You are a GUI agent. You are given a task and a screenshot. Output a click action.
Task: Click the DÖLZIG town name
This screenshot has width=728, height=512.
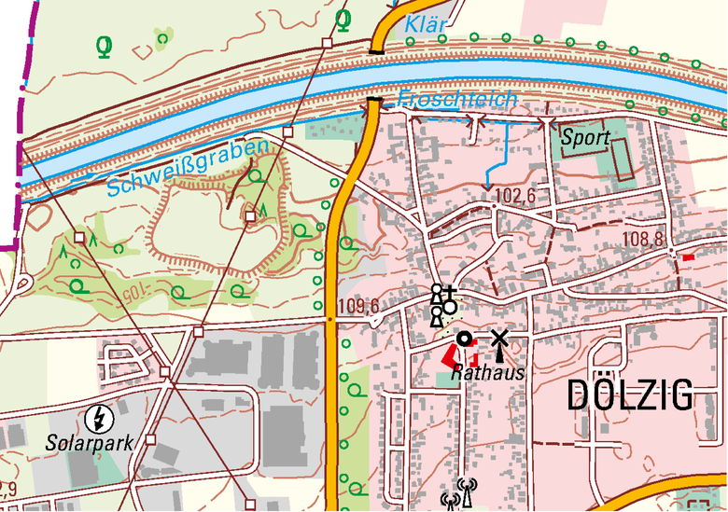click(631, 395)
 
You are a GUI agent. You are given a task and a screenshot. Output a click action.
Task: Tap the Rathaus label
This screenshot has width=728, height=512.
click(487, 373)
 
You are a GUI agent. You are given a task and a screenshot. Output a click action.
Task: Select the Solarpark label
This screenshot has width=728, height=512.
click(90, 442)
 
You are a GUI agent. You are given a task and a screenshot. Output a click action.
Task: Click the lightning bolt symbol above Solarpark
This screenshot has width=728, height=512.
click(97, 416)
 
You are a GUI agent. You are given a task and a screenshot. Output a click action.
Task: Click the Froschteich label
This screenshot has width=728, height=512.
click(456, 99)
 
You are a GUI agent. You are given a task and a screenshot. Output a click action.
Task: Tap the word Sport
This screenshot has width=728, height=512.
click(585, 138)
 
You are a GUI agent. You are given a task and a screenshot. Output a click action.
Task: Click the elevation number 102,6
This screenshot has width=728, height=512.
click(516, 197)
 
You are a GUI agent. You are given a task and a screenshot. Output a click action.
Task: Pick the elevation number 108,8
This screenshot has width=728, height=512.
click(644, 241)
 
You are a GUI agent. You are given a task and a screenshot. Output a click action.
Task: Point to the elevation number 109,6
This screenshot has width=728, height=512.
click(358, 307)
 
